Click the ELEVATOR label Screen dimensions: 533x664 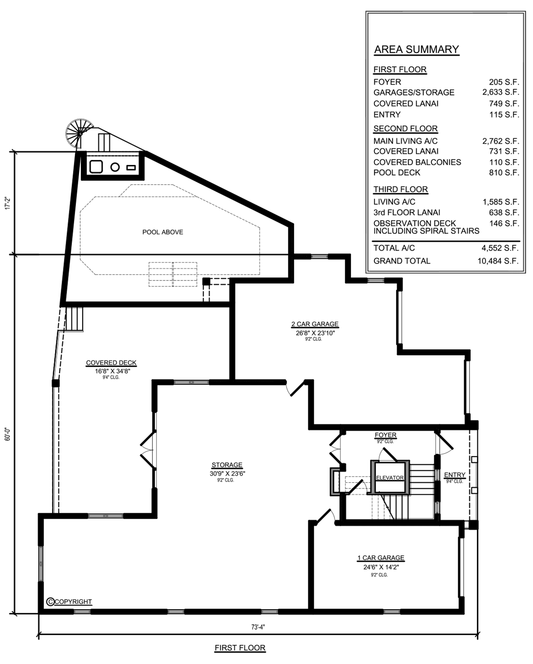(x=390, y=478)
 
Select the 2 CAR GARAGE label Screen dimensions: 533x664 (x=315, y=324)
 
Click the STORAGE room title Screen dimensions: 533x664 (x=227, y=465)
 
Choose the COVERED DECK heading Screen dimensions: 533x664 (x=111, y=363)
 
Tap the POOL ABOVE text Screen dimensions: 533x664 (x=163, y=232)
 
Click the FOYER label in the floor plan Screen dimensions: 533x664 (x=386, y=435)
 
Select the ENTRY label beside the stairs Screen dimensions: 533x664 (x=455, y=475)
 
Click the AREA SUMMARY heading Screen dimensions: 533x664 (x=417, y=49)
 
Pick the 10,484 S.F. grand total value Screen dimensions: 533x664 (x=498, y=261)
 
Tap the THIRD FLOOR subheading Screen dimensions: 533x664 (x=401, y=189)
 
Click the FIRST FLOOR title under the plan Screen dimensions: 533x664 (x=240, y=648)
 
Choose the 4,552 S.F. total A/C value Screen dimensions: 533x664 (x=500, y=248)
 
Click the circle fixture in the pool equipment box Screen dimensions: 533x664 (x=115, y=167)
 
